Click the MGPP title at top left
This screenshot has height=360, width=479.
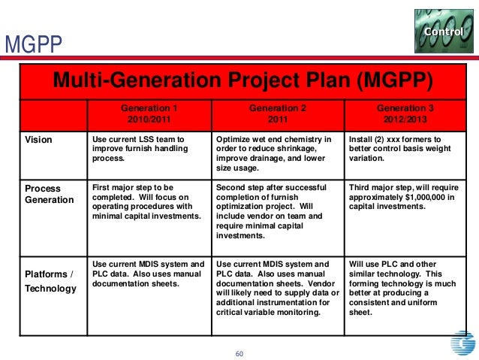pos(32,47)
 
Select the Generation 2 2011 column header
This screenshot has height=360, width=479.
pos(277,114)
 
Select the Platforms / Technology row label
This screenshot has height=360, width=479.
pos(50,280)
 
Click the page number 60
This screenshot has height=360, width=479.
pos(240,354)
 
